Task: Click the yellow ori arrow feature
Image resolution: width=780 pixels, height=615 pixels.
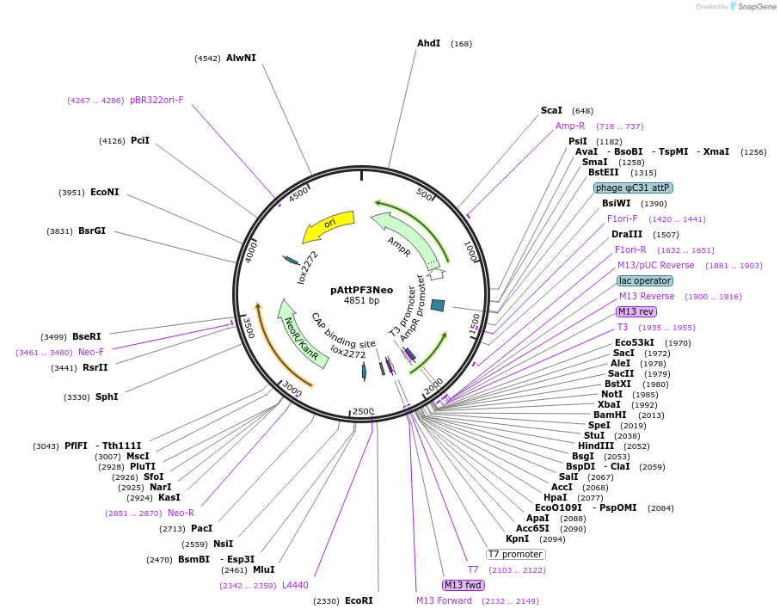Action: click(x=329, y=225)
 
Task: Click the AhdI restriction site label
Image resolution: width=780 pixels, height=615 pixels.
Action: click(x=429, y=43)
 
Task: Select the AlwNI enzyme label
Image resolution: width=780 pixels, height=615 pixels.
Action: click(x=241, y=58)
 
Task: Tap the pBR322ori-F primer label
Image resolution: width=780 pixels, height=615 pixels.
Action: click(x=157, y=100)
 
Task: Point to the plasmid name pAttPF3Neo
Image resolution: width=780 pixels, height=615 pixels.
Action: click(x=362, y=290)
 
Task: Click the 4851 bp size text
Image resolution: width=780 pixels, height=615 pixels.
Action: click(x=362, y=300)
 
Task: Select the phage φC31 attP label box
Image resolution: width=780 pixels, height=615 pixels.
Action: click(x=633, y=188)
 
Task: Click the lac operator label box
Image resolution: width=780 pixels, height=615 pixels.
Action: click(x=645, y=280)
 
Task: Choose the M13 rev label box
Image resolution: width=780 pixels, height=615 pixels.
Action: click(x=636, y=311)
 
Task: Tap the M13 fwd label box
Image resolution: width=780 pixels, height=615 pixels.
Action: click(x=464, y=585)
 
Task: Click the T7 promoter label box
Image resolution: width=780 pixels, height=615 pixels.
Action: click(x=515, y=554)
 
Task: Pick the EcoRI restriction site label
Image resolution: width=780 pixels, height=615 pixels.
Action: click(x=359, y=600)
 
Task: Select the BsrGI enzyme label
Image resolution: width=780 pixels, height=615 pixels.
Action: click(x=92, y=231)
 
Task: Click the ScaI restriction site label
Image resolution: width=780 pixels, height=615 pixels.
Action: click(x=551, y=110)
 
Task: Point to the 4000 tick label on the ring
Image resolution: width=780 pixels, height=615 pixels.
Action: click(x=251, y=252)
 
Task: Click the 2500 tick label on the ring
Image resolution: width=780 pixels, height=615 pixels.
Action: click(x=363, y=411)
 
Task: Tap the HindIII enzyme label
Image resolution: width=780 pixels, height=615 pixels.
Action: click(x=596, y=446)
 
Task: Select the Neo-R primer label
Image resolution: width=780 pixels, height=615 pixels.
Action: click(x=181, y=513)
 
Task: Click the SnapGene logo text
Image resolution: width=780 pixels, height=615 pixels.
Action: click(x=756, y=7)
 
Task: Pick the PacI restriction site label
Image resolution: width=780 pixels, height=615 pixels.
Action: click(x=201, y=528)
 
